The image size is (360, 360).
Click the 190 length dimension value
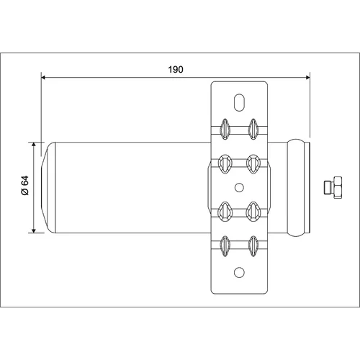(x=176, y=69)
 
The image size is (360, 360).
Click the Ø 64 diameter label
(x=25, y=185)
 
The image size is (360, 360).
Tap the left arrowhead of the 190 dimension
(x=44, y=77)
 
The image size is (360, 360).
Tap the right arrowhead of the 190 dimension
(x=307, y=77)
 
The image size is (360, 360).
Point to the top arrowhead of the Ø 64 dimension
(x=34, y=144)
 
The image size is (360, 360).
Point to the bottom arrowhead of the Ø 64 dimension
(x=34, y=230)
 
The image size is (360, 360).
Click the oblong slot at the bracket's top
(x=239, y=102)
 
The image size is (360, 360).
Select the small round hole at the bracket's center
(x=239, y=187)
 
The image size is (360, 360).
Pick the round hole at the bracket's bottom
(x=239, y=272)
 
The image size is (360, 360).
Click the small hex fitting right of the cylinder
(x=333, y=187)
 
